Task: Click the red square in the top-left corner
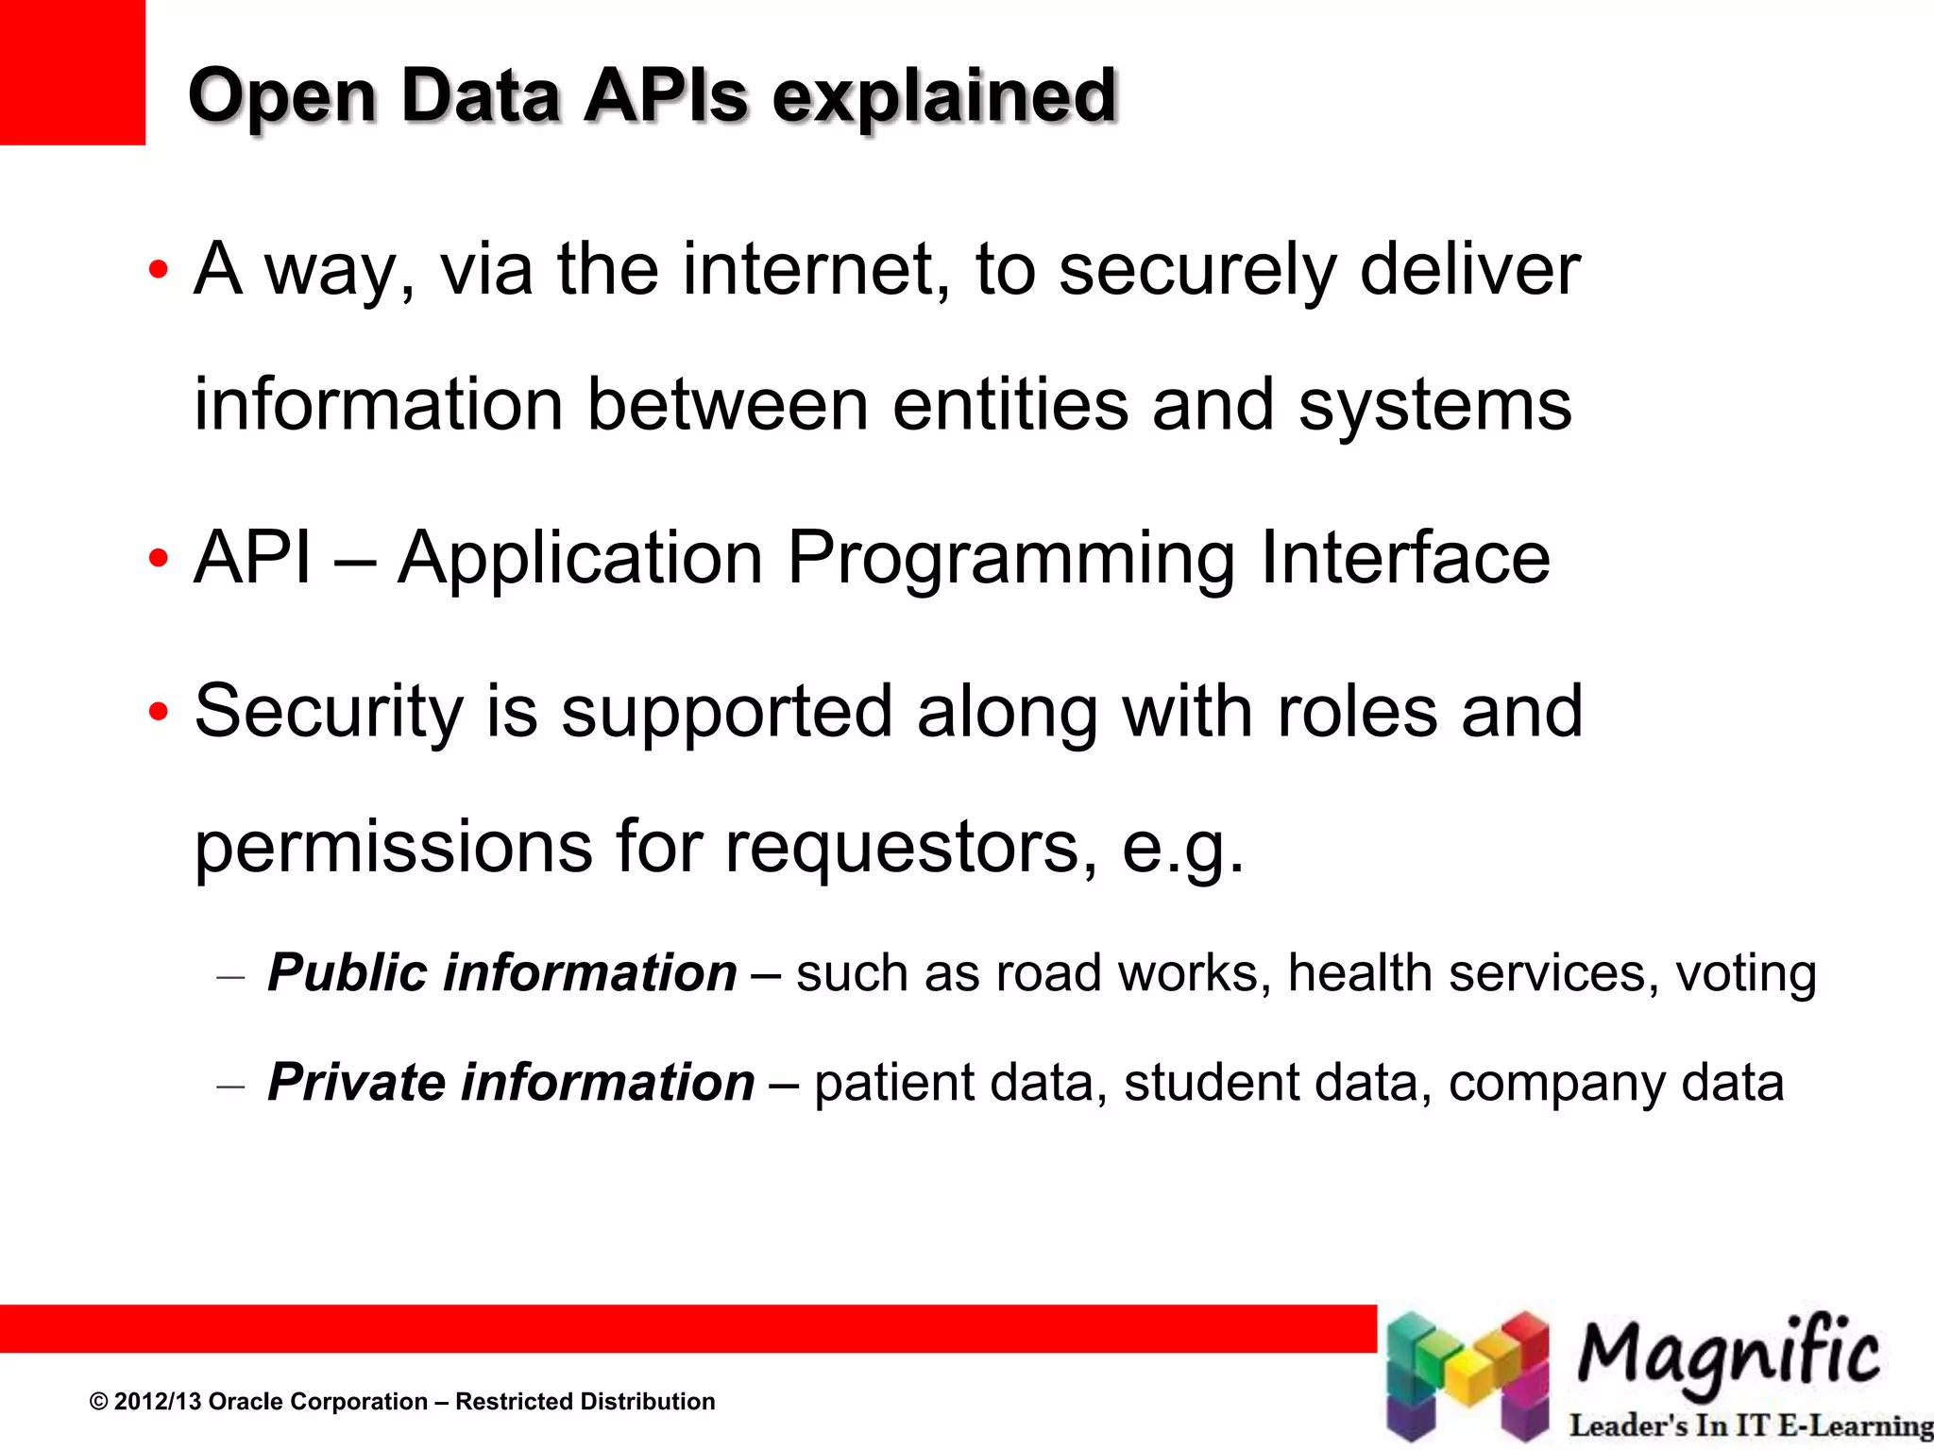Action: pos(72,72)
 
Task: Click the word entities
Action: pos(1009,404)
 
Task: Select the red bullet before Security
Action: pos(158,711)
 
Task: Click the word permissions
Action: pos(394,847)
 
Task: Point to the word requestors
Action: pos(911,847)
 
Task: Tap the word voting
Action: pos(1745,974)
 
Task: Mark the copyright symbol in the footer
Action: pos(98,1402)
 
